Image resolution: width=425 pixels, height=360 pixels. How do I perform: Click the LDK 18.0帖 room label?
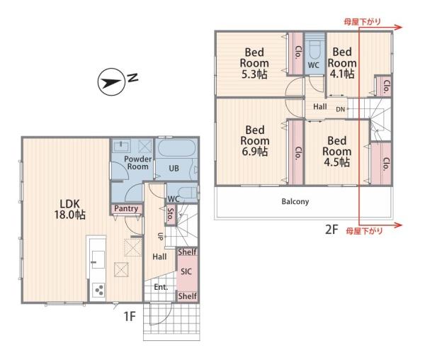click(70, 209)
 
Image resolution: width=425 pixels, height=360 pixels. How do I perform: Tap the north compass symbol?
click(111, 82)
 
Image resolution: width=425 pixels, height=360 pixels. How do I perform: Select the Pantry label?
click(126, 208)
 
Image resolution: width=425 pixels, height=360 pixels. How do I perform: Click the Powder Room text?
click(137, 163)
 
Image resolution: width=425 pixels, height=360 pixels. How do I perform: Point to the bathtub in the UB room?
click(176, 148)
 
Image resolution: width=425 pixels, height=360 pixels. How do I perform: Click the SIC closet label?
click(186, 271)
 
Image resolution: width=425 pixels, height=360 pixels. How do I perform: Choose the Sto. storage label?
click(171, 215)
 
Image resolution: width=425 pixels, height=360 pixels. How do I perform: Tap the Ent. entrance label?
click(161, 287)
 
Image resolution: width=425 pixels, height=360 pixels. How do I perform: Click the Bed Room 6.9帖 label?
click(255, 141)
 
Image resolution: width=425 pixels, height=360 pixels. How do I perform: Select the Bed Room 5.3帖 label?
click(254, 63)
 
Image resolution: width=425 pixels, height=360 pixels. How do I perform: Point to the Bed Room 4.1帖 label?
click(342, 63)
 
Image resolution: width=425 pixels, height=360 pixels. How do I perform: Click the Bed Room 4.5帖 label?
click(336, 152)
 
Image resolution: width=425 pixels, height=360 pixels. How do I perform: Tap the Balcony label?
click(295, 202)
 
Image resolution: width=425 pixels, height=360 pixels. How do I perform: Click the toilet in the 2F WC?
click(314, 48)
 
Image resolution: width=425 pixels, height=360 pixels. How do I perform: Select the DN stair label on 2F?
click(341, 109)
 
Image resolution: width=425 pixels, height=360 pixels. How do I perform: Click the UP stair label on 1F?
click(160, 237)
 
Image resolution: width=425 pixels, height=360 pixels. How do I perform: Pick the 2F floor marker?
click(331, 230)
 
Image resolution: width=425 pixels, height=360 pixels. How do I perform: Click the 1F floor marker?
click(130, 316)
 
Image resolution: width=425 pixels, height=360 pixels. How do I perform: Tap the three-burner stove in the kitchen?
click(98, 290)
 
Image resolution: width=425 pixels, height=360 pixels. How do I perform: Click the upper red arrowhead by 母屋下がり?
click(398, 27)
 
